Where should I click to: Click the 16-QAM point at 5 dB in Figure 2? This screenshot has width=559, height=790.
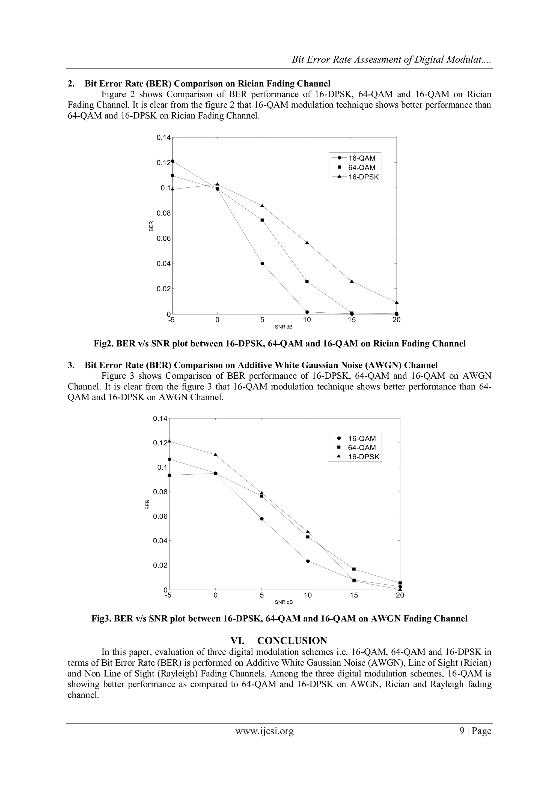262,264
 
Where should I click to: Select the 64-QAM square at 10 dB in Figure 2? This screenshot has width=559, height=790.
307,282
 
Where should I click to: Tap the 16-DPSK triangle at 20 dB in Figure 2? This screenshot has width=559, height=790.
397,303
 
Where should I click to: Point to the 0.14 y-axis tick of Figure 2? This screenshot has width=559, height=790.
163,138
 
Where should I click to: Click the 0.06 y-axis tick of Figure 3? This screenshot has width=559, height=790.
160,516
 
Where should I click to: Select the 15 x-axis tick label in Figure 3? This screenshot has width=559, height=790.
354,595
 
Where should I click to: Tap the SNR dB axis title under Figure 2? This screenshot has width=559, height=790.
284,327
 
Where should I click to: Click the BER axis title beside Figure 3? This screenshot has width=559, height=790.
147,504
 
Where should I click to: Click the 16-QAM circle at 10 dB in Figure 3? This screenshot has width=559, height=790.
308,561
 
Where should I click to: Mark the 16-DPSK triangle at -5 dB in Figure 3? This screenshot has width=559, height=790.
169,441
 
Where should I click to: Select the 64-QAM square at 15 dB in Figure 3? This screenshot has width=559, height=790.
354,569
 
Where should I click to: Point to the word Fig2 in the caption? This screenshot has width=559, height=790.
103,343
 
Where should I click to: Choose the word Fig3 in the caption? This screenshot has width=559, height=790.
100,619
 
